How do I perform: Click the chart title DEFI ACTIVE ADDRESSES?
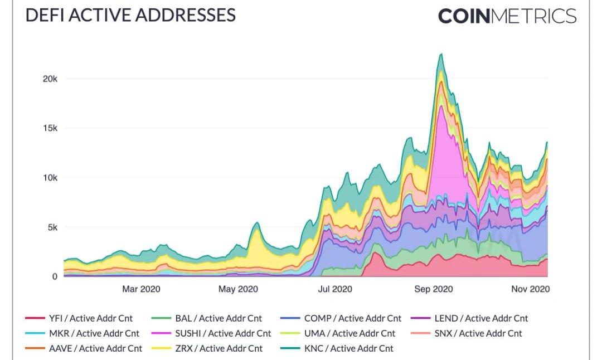(130, 15)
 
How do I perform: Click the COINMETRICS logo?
(507, 16)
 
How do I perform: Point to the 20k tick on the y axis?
(50, 79)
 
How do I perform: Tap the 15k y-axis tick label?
(50, 128)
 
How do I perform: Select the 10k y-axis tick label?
(50, 178)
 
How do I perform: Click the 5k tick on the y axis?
(52, 227)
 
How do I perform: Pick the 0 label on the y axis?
(55, 276)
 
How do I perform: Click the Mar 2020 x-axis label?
(141, 289)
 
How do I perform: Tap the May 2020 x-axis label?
(239, 289)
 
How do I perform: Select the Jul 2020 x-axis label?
(334, 289)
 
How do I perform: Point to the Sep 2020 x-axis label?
(434, 289)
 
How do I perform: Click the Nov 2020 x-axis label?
(530, 289)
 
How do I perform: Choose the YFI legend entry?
(81, 319)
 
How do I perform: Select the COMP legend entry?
(341, 319)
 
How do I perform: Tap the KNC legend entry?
(337, 348)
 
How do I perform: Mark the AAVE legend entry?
(84, 348)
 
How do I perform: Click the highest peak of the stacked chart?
(441, 55)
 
